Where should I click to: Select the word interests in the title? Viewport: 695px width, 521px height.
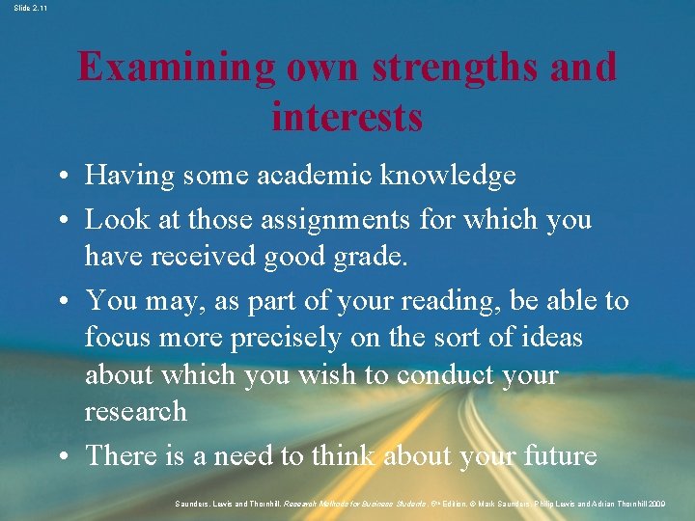(347, 117)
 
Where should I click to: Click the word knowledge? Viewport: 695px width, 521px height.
(448, 176)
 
